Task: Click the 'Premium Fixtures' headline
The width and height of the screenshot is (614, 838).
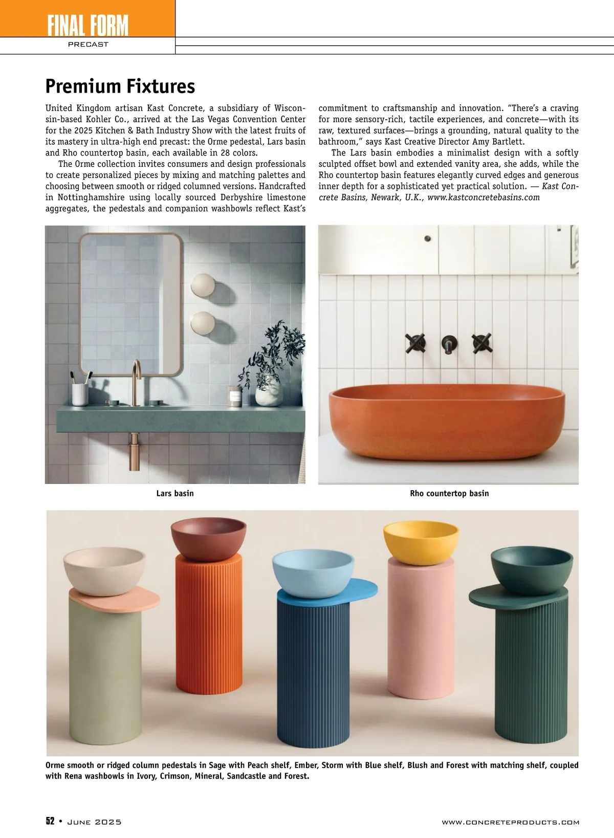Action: pos(120,86)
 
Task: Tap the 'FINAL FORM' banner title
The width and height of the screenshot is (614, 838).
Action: pos(88,26)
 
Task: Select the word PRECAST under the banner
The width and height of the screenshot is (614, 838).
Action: pos(88,45)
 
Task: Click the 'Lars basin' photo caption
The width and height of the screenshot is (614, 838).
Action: pos(175,494)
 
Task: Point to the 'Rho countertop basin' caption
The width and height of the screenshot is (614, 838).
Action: pos(449,494)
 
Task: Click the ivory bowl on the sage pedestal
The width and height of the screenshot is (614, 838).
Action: pos(104,570)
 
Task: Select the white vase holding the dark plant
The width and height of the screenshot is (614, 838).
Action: pos(269,394)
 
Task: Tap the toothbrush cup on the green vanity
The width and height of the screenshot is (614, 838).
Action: pos(80,394)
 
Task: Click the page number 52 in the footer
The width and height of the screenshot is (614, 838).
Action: pos(50,822)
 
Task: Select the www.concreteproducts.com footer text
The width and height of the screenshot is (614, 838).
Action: pos(510,822)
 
